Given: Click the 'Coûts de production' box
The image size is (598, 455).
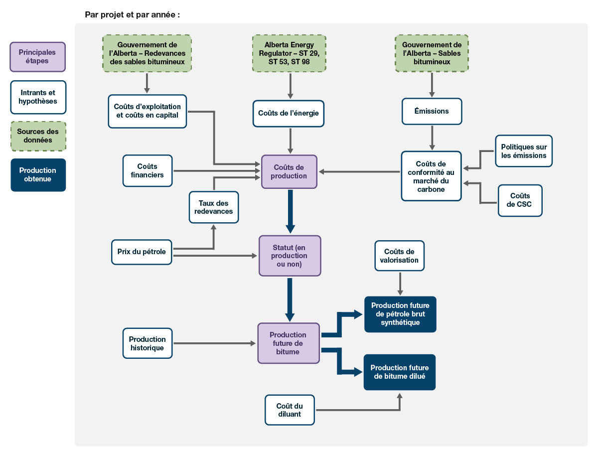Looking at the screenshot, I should [x=289, y=171].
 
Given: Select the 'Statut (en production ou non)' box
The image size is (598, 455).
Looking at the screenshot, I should [x=290, y=256].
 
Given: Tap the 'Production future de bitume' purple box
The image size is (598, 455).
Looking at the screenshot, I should [x=288, y=343].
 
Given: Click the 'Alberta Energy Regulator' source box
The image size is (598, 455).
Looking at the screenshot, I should [x=289, y=53].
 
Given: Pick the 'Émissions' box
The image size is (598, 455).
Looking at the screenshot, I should [x=432, y=111].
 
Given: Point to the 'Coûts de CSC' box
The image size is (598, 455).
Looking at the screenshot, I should [x=520, y=200].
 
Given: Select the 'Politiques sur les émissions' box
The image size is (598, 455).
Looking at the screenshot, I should [x=523, y=151].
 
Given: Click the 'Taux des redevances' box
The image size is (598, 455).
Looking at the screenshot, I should [x=213, y=207].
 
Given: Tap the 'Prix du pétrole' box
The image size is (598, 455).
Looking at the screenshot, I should [x=142, y=252].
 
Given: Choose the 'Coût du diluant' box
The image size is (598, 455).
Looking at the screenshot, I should [x=290, y=410].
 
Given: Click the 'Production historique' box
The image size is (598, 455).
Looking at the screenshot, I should [x=147, y=343].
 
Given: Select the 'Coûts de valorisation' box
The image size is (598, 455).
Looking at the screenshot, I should [x=399, y=256].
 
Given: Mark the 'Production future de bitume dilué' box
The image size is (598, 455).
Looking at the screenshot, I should [x=399, y=372].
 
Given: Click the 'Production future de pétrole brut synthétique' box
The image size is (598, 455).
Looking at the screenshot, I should [x=400, y=314].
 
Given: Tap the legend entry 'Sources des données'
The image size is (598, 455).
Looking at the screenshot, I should [x=38, y=136].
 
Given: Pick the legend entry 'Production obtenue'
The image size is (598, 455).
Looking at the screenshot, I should [x=38, y=175].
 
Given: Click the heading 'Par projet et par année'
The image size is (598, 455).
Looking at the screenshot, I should [x=132, y=14].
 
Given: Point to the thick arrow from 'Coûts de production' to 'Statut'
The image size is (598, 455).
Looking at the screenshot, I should [x=290, y=212].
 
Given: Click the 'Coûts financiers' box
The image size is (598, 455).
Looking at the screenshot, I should [x=147, y=171].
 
